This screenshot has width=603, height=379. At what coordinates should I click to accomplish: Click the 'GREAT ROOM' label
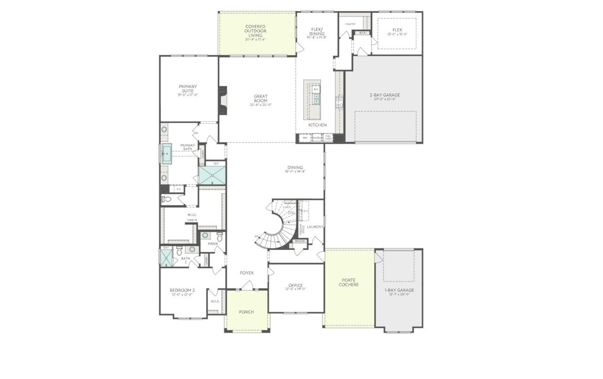point(261,98)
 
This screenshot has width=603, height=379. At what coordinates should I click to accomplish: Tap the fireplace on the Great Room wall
point(223,100)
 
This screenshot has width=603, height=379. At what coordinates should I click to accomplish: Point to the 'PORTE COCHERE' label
point(350,282)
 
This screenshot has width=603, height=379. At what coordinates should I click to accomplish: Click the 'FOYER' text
point(246,273)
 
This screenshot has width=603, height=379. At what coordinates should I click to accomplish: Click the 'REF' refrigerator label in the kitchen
point(305,138)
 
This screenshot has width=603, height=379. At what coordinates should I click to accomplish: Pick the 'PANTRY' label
point(350,24)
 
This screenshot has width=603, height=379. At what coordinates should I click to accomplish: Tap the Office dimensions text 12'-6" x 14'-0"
point(296,289)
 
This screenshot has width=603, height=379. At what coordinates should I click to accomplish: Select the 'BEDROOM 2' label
point(182,290)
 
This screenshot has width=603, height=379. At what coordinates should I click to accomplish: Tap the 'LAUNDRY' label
point(315,227)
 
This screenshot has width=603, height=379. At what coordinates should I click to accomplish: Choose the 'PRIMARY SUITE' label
point(187,89)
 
